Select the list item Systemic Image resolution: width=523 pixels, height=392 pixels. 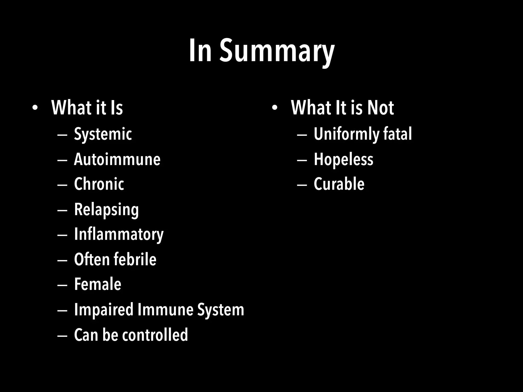tap(103, 134)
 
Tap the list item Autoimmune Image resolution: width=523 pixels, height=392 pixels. tap(117, 159)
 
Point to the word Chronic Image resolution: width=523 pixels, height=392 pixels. tap(99, 184)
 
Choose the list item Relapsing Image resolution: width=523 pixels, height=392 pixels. tap(106, 210)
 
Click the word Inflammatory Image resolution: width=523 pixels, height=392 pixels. tap(119, 234)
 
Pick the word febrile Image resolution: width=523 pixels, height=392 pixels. tap(135, 259)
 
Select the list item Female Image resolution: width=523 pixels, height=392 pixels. tap(98, 284)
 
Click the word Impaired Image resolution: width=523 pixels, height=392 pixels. tap(104, 310)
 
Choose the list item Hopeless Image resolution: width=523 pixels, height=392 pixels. tap(343, 159)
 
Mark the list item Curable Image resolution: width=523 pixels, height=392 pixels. tap(339, 184)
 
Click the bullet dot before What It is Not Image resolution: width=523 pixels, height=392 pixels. tap(275, 108)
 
